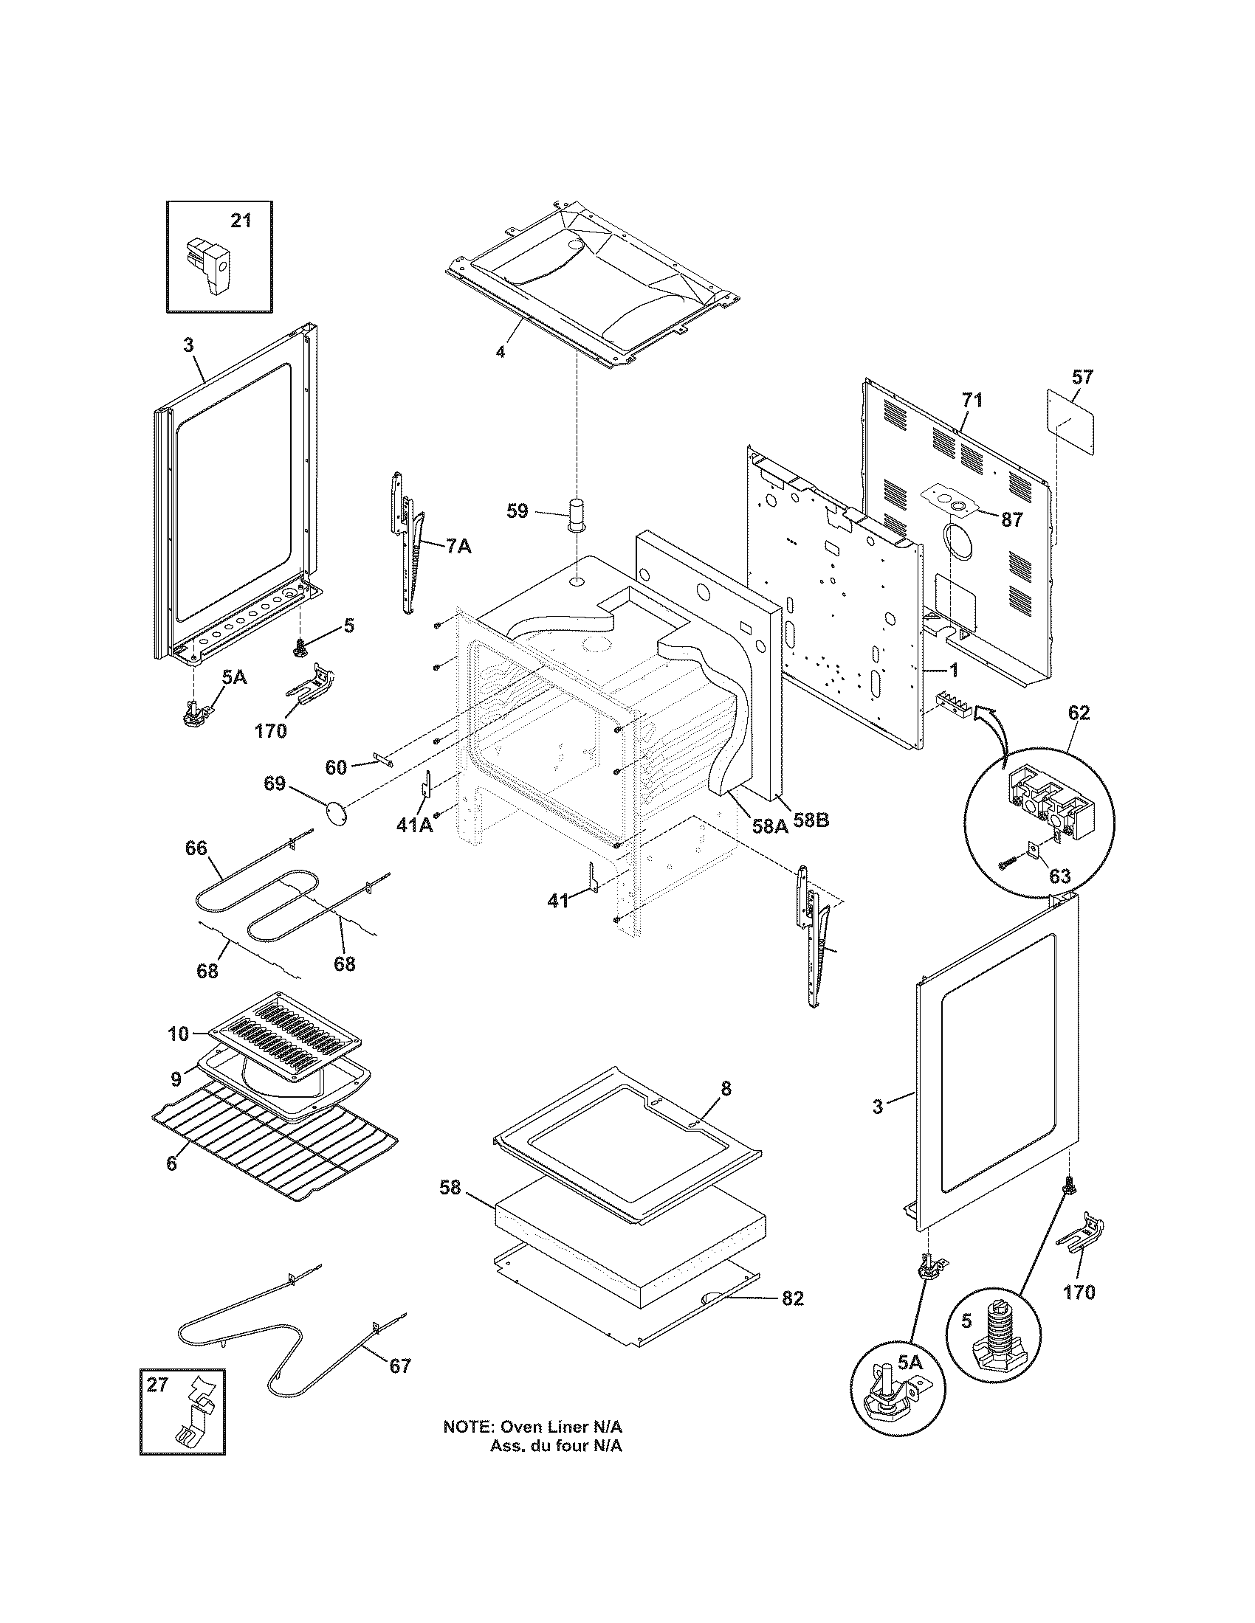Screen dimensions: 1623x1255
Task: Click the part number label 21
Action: click(x=241, y=221)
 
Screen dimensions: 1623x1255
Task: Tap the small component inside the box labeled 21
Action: click(x=209, y=266)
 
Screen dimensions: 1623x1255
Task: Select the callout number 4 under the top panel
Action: click(x=501, y=351)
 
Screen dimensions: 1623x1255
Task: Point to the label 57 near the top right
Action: click(x=1082, y=377)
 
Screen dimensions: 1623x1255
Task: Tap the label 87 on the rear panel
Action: click(x=1011, y=520)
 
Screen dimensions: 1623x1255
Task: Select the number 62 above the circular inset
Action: click(x=1078, y=713)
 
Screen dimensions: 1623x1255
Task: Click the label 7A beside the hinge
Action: click(x=458, y=547)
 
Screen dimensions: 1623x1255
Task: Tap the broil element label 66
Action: click(x=196, y=848)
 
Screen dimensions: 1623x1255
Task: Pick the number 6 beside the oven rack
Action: click(x=172, y=1163)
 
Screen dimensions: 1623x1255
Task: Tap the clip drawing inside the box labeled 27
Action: click(x=192, y=1416)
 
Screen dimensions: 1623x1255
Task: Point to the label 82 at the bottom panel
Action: click(x=793, y=1298)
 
